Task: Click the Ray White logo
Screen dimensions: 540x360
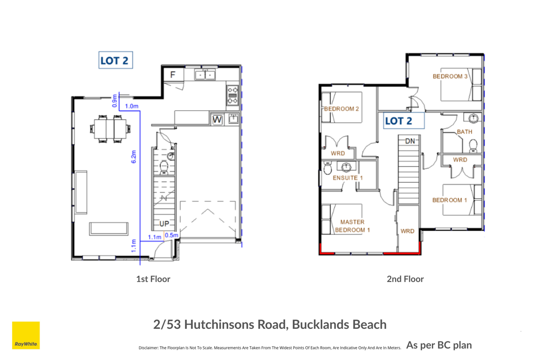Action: coord(26,335)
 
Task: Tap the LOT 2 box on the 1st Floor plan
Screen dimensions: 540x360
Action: coord(115,60)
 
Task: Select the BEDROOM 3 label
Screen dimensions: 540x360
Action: coord(450,76)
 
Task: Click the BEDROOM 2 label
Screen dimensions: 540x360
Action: coord(341,109)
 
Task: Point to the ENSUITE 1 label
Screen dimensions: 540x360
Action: coord(348,178)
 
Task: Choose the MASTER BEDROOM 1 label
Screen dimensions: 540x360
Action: coord(352,226)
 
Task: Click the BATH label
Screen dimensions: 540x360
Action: coord(465,132)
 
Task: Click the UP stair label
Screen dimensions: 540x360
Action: coord(165,223)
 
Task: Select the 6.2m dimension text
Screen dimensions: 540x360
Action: coord(133,157)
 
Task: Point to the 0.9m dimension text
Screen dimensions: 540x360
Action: coord(114,101)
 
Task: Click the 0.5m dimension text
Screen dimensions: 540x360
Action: coord(171,235)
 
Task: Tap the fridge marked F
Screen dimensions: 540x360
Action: coord(173,75)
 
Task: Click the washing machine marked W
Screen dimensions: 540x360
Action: coord(217,120)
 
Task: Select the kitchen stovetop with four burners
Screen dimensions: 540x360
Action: coord(233,95)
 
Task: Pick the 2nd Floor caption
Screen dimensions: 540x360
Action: coord(405,279)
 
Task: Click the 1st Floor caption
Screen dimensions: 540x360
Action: coord(153,279)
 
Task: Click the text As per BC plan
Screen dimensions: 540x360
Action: coord(439,345)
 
